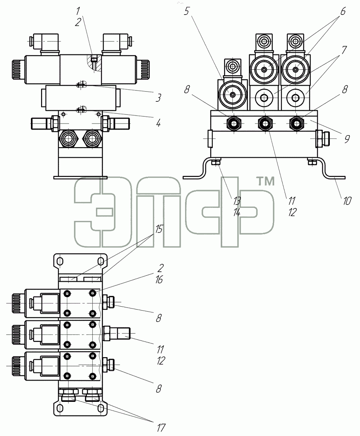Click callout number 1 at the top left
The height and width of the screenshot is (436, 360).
[x=78, y=11]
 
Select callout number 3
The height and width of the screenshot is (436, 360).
[x=159, y=98]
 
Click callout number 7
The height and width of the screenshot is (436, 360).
[x=344, y=50]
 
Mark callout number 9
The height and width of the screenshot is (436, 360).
[x=347, y=139]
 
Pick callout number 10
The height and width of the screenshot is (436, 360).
[x=347, y=201]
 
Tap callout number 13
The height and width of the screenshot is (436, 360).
[x=237, y=201]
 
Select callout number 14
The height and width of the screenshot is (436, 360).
[x=237, y=212]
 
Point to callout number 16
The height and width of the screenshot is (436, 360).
[x=159, y=279]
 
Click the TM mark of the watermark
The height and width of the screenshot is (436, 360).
[x=265, y=181]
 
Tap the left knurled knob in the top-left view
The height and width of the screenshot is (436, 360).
[x=19, y=70]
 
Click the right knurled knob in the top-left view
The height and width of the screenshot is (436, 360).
[x=143, y=70]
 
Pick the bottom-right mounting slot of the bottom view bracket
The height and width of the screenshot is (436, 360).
[x=101, y=408]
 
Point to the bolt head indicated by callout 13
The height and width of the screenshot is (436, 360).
[x=216, y=162]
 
